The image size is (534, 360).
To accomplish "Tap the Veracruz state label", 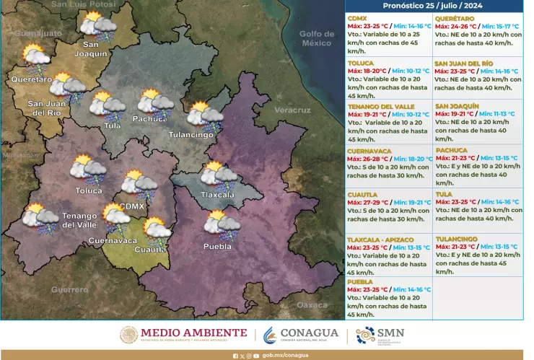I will tap(292, 110).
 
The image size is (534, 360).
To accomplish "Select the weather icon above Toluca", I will tap(88, 169).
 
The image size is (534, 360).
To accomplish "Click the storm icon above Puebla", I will tap(221, 223).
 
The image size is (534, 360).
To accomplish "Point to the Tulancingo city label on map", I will tap(191, 135).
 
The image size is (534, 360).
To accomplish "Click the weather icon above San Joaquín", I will tap(97, 27).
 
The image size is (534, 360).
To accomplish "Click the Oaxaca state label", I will tap(312, 305).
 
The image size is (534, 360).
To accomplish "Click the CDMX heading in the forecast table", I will tap(356, 18).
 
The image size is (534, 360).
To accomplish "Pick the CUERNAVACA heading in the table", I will tap(368, 151).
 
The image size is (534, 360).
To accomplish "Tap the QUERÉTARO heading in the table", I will tap(455, 18).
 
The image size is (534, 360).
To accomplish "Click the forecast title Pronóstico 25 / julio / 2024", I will tap(434, 5).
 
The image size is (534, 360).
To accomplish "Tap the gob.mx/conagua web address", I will tap(284, 355).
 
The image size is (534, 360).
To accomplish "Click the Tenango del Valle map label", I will tap(79, 220).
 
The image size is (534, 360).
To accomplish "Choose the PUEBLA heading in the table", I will tap(359, 282).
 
